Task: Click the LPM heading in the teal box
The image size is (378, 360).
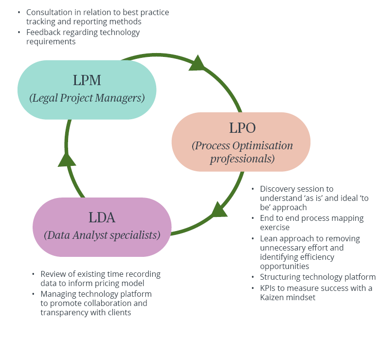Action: tap(87, 80)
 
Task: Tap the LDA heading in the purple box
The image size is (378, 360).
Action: tap(102, 217)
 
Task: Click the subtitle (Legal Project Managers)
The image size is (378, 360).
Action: tap(87, 98)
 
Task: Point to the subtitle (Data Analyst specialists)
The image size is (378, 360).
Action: tap(102, 235)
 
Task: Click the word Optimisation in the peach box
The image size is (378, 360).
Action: tap(263, 146)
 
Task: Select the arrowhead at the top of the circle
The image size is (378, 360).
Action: tap(197, 63)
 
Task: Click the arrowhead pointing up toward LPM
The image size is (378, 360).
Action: tap(67, 159)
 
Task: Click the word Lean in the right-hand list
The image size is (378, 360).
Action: tap(269, 238)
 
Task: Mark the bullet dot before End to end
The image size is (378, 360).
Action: tap(253, 218)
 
